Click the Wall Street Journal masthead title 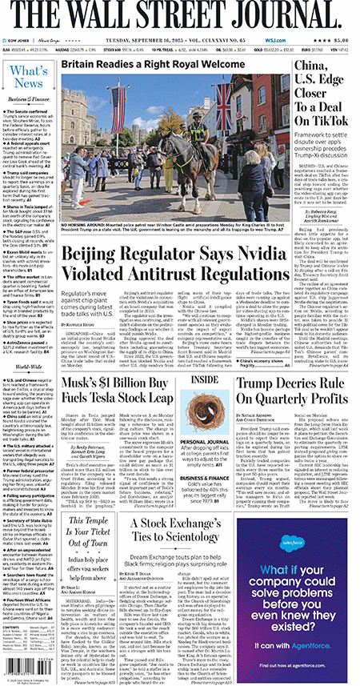[179, 16]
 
